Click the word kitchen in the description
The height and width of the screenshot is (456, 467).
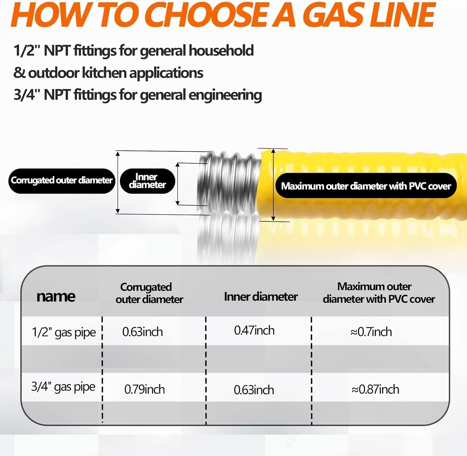pyautogui.click(x=104, y=73)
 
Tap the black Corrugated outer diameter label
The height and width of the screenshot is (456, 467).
pyautogui.click(x=62, y=180)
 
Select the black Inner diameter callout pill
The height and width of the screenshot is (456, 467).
pyautogui.click(x=147, y=181)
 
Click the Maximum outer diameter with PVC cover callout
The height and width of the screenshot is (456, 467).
pyautogui.click(x=366, y=186)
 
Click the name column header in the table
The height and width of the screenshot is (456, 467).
pyautogui.click(x=56, y=296)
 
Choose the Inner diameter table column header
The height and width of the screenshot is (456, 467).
pyautogui.click(x=261, y=297)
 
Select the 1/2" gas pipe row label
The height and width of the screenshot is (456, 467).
pyautogui.click(x=64, y=332)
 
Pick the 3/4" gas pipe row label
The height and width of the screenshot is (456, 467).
pyautogui.click(x=63, y=387)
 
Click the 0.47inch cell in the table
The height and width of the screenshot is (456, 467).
pyautogui.click(x=254, y=330)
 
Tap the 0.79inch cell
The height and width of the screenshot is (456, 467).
pyautogui.click(x=144, y=389)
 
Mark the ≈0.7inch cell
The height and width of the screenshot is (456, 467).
pyautogui.click(x=371, y=332)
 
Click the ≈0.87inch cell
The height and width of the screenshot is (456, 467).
pyautogui.click(x=375, y=389)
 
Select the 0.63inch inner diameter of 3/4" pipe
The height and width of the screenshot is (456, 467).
pyautogui.click(x=254, y=390)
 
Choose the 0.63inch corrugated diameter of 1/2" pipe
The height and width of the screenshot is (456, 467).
pyautogui.click(x=142, y=332)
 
